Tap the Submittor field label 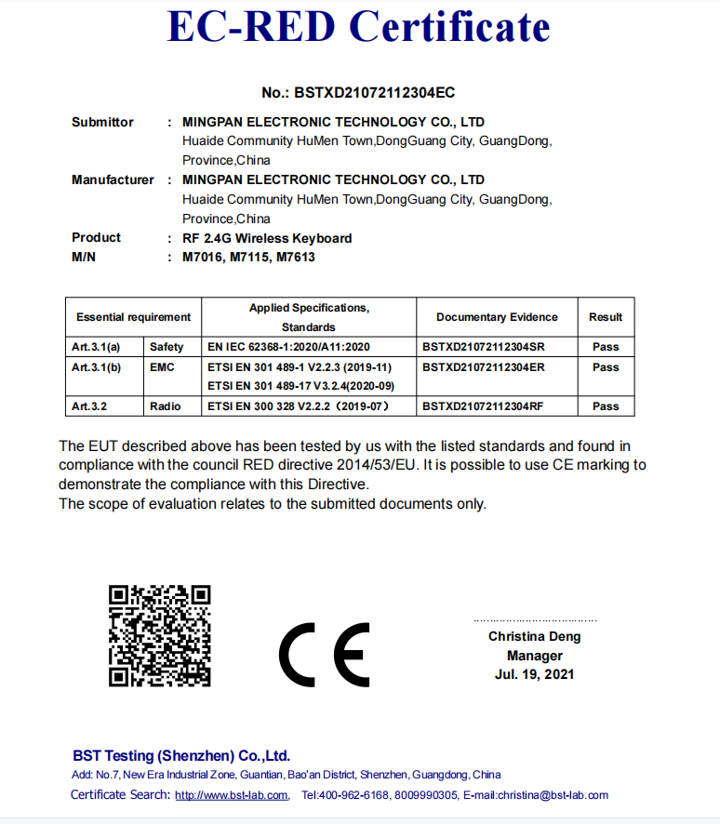102,122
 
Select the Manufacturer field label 113,179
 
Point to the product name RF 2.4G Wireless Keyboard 267,238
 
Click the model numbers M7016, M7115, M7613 248,257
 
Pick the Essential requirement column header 133,317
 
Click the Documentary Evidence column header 497,317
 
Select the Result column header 606,317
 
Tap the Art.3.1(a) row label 97,347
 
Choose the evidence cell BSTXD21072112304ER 483,367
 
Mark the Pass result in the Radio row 606,406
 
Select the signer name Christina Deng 534,636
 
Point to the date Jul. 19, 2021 534,674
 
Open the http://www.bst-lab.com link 232,795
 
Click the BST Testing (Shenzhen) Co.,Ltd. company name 181,756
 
